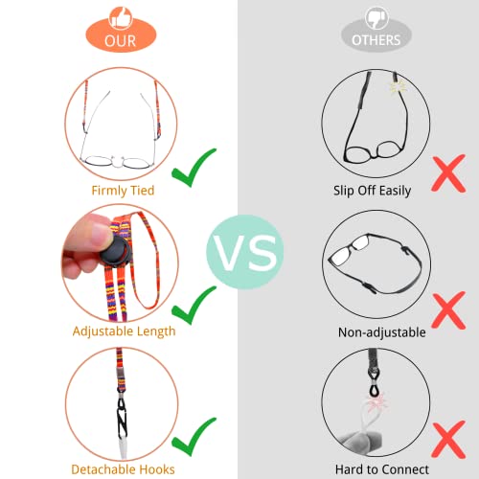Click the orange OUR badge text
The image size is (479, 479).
121,41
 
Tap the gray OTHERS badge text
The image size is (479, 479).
376,40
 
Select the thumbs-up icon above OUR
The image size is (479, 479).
121,18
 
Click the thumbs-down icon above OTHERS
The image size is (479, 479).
376,18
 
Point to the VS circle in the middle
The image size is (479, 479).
245,252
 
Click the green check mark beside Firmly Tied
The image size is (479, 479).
194,168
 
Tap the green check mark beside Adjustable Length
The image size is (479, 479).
194,306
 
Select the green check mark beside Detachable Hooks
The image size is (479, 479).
194,437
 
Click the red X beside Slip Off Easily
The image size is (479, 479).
448,173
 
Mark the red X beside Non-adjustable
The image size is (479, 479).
448,310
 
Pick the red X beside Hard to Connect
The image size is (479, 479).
448,440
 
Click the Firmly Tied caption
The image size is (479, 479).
123,191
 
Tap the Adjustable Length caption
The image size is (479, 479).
124,331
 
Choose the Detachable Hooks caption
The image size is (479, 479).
123,469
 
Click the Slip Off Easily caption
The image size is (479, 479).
372,191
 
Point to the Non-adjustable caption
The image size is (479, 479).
382,332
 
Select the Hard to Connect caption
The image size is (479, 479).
382,469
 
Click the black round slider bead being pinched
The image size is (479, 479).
116,251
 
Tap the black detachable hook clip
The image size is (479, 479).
122,418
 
